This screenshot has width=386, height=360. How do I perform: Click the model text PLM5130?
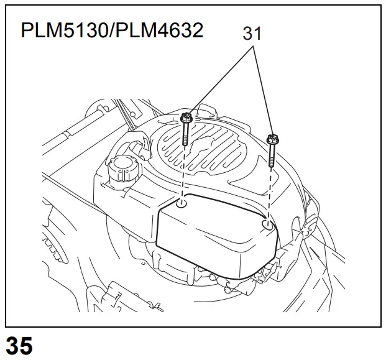[65, 30]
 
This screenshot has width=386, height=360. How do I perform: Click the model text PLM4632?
[159, 30]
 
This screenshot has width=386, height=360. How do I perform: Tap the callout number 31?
[252, 34]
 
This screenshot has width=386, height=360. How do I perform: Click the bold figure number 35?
[19, 346]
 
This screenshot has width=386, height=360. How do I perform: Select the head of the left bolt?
[186, 117]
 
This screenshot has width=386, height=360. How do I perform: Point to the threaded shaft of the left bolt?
[185, 134]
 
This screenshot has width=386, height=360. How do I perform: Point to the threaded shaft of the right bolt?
[272, 155]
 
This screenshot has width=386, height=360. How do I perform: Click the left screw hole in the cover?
[182, 204]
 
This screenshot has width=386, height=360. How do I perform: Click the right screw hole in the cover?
[268, 225]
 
